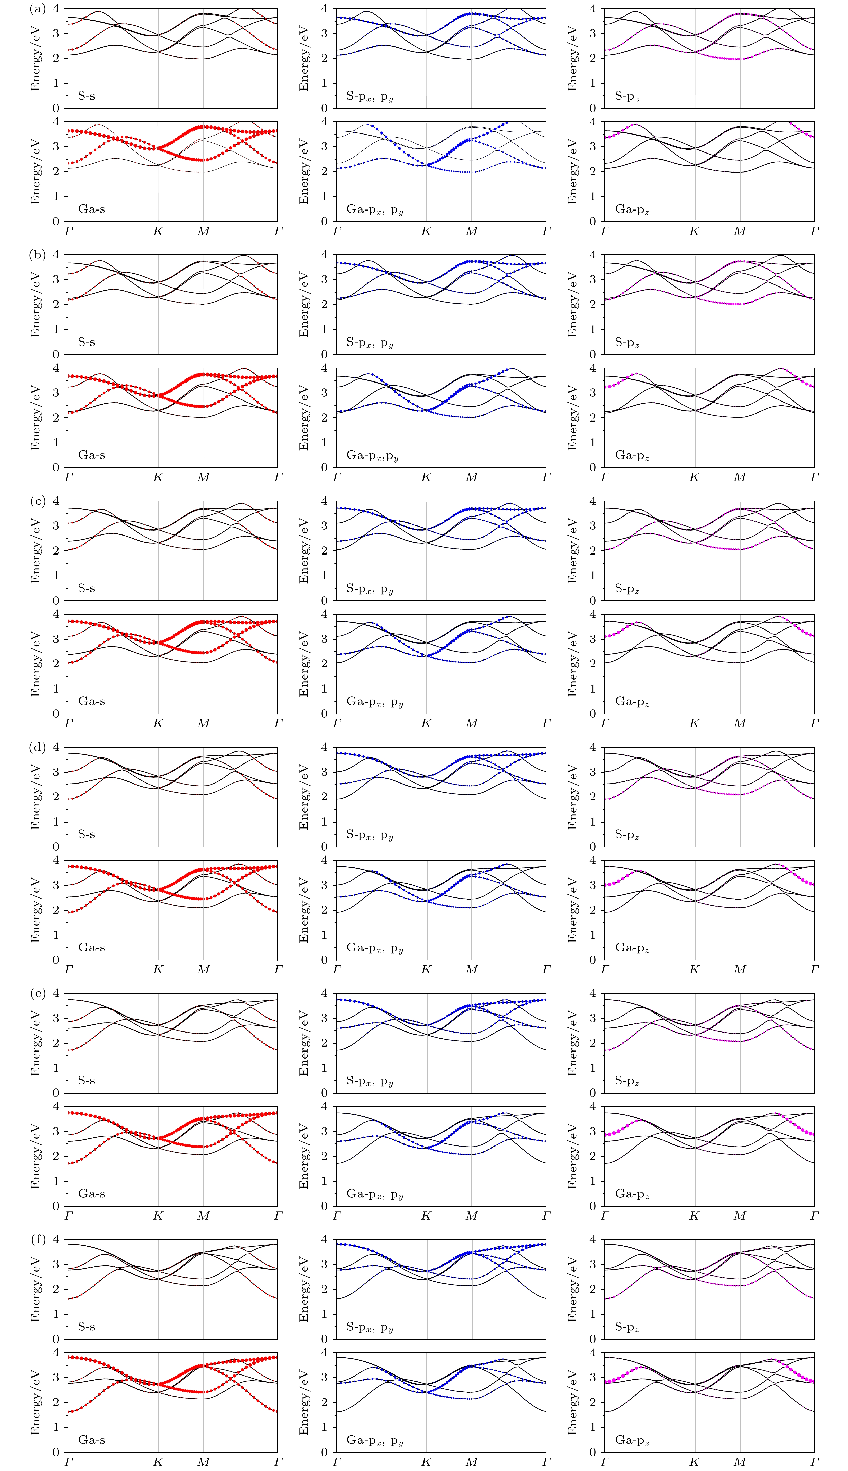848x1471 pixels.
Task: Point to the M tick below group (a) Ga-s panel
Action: point(203,231)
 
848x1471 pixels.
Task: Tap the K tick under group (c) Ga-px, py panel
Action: point(426,723)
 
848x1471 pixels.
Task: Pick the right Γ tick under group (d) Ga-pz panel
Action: point(814,970)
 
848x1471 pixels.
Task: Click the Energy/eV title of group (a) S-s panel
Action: point(35,58)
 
